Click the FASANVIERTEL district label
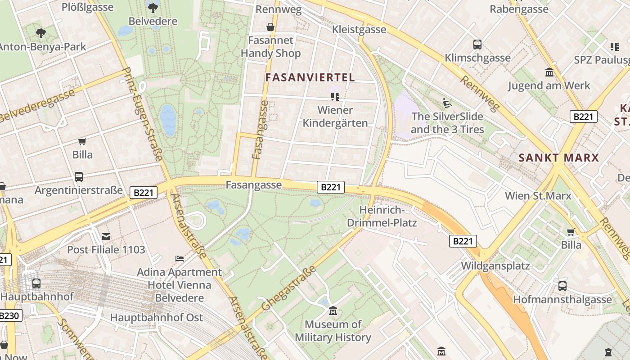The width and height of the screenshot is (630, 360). pos(310,77)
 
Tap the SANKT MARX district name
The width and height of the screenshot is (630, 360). pos(558,158)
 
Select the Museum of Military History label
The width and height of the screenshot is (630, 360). pos(333,331)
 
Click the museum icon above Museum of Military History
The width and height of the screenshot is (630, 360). pos(333,311)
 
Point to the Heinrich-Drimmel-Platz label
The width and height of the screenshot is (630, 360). pos(382,216)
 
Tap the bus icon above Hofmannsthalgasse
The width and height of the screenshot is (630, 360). pos(562,286)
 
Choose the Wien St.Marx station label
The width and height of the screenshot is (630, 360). pos(538,196)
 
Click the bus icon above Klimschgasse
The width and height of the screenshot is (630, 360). pos(477,45)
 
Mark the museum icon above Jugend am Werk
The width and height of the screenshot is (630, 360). pos(549,72)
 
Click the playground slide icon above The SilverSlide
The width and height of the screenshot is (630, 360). pos(447,103)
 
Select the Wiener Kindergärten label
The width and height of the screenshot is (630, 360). pos(335,117)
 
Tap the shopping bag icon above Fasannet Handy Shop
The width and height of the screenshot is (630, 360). pos(270,27)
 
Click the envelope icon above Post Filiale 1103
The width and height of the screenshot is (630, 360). pos(106,236)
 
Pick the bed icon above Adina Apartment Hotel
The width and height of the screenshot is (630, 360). pos(180,259)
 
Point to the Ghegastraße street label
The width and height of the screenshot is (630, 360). pos(288,288)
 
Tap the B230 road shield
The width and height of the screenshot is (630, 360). pos(9,315)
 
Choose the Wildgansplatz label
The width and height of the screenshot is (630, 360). pos(495,265)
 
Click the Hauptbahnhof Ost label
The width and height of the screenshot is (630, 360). pos(157,317)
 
